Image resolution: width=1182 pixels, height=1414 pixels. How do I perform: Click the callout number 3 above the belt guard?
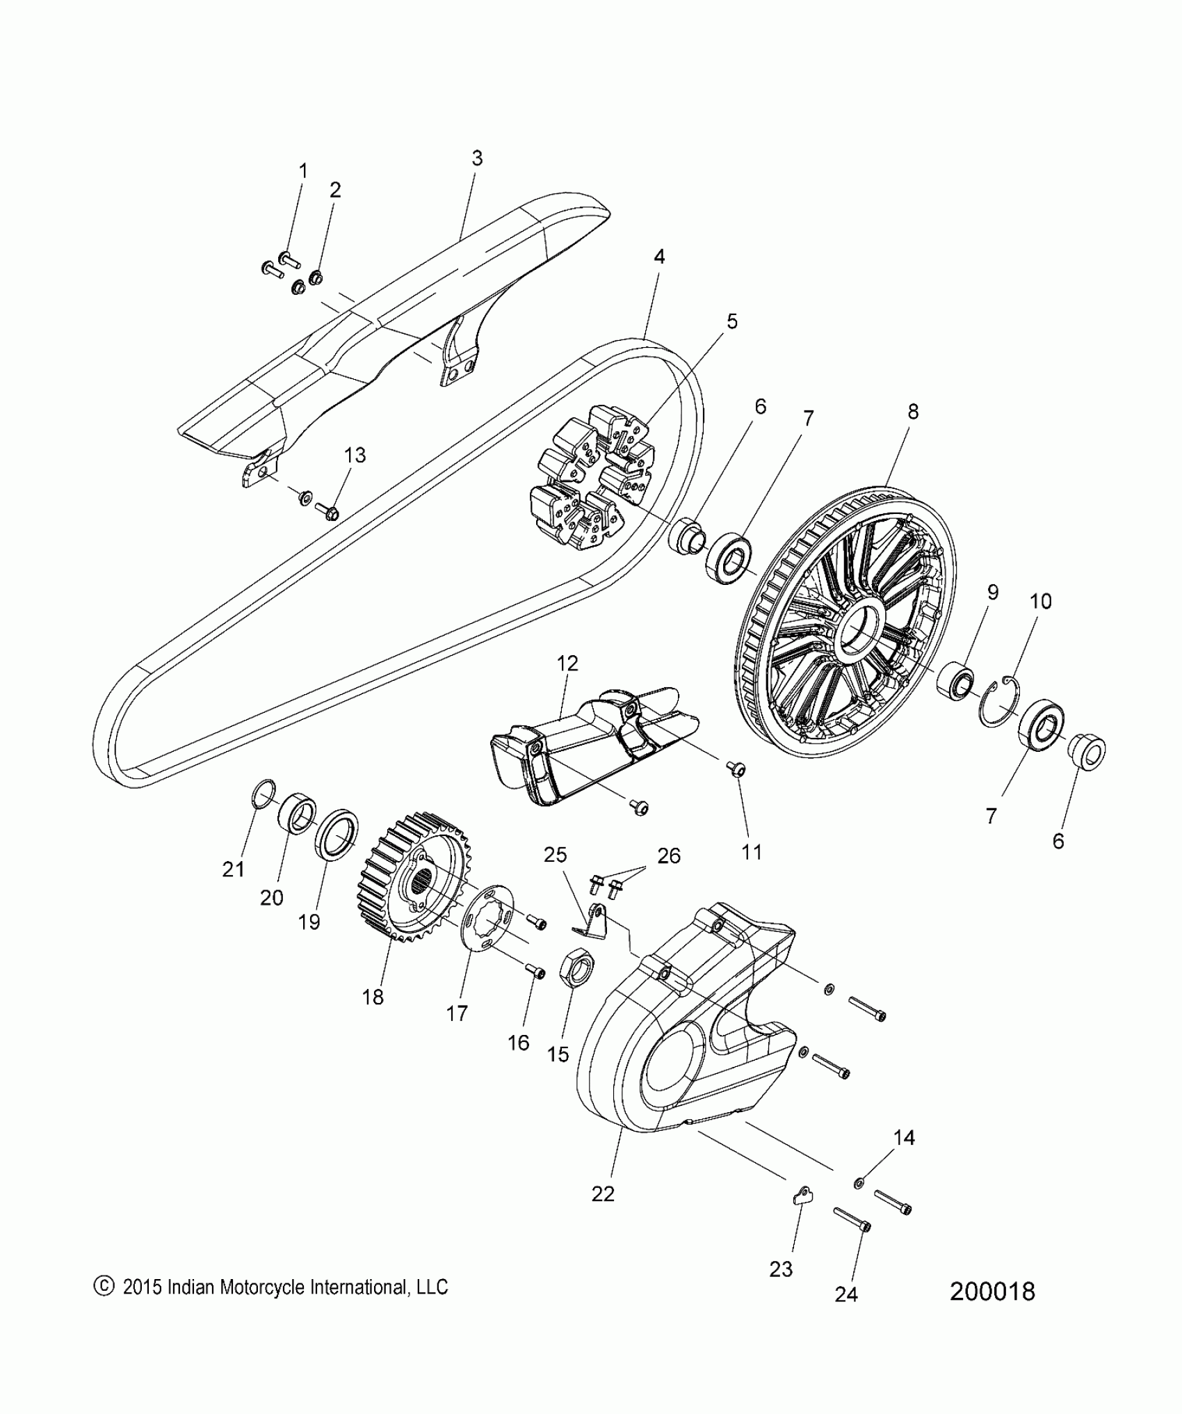coord(477,159)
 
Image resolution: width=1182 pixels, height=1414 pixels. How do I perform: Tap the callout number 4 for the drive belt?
coord(658,257)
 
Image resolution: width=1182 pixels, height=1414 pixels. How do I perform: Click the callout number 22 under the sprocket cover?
coord(603,1194)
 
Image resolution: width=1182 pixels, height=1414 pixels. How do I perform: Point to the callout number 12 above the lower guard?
coord(567,663)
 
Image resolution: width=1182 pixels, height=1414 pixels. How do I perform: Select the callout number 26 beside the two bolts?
coord(669,855)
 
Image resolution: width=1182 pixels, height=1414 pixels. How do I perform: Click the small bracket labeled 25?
coord(591,921)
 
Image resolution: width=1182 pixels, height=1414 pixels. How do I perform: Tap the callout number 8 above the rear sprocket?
coord(913,411)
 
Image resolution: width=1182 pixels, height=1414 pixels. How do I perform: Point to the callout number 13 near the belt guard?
coord(355,455)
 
